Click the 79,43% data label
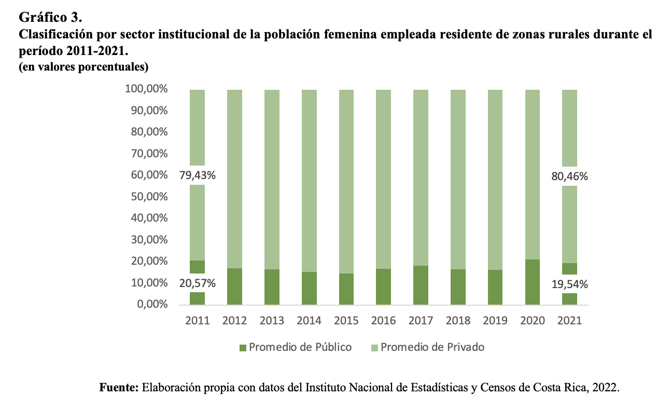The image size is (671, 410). pos(197,175)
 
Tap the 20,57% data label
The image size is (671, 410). pos(197,283)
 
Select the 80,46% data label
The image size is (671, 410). pos(569,176)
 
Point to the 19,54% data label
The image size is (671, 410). pos(569,284)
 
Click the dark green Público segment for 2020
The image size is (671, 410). pos(533,282)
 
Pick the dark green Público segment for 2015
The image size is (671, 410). pos(346,289)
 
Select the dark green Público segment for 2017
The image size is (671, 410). pos(421,285)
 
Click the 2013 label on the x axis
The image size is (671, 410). pos(272,320)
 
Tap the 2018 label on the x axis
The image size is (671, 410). pos(458,320)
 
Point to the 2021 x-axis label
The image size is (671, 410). pos(569,320)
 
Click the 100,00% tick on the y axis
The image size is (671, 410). pos(146,89)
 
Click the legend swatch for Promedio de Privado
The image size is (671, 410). pos(374,347)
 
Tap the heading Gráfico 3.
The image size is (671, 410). pos(50,17)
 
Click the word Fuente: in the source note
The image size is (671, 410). pos(118,387)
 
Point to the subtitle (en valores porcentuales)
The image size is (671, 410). pos(83,66)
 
